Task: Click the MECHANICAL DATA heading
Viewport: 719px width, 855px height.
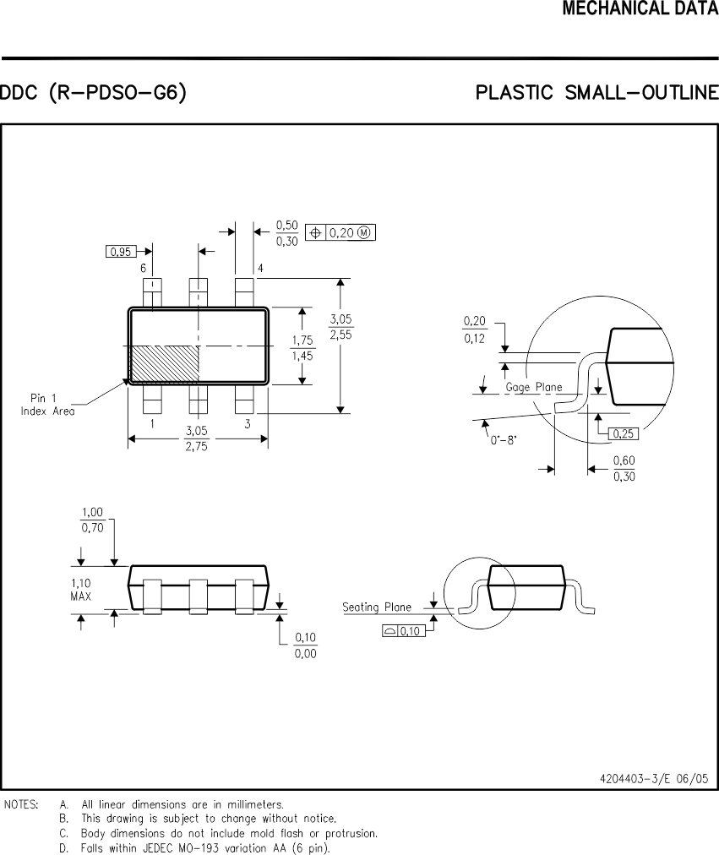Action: tap(640, 9)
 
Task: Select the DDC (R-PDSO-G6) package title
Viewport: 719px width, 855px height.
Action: tap(93, 92)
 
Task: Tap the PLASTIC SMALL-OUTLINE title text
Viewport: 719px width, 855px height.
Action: tap(596, 92)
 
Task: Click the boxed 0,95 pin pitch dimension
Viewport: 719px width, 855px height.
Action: tap(122, 251)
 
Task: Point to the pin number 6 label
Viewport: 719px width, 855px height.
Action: tap(144, 269)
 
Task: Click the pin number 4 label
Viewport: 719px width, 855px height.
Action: tap(260, 269)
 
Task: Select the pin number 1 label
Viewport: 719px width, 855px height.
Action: tap(152, 424)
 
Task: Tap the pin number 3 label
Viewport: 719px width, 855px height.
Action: tap(247, 424)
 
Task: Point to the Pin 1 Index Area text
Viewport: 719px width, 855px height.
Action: tap(48, 405)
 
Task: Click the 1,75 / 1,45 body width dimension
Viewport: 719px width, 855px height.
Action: tap(302, 348)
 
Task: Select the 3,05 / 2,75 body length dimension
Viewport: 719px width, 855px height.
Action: tap(197, 438)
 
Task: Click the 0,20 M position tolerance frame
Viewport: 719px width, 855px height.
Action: tap(341, 232)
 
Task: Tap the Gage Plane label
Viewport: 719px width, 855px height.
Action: tap(534, 387)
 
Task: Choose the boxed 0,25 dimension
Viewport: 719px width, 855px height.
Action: tap(623, 433)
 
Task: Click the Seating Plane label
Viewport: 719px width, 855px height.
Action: tap(377, 607)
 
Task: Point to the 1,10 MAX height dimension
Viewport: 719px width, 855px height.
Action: tap(81, 589)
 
